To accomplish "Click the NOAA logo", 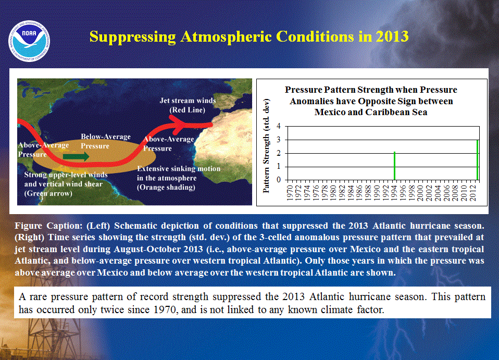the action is (29, 41).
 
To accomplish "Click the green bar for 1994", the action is (395, 166).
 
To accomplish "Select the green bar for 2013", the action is (477, 160).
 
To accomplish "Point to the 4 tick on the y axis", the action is (279, 126).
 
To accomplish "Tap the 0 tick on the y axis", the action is (279, 180).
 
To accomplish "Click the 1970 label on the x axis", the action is (290, 193).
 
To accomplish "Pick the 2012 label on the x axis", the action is (473, 193).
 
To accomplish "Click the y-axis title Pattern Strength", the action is (266, 146).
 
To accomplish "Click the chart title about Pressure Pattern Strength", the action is (371, 101).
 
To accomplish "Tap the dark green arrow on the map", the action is (76, 157).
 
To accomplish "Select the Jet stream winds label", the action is (188, 105).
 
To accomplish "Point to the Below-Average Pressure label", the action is (106, 141).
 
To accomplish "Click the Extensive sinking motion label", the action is (179, 178).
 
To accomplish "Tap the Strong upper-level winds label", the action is (66, 184).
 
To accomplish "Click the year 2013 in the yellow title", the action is (392, 36).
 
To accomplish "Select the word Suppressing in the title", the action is (132, 37).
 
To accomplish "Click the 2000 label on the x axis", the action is (421, 193).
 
